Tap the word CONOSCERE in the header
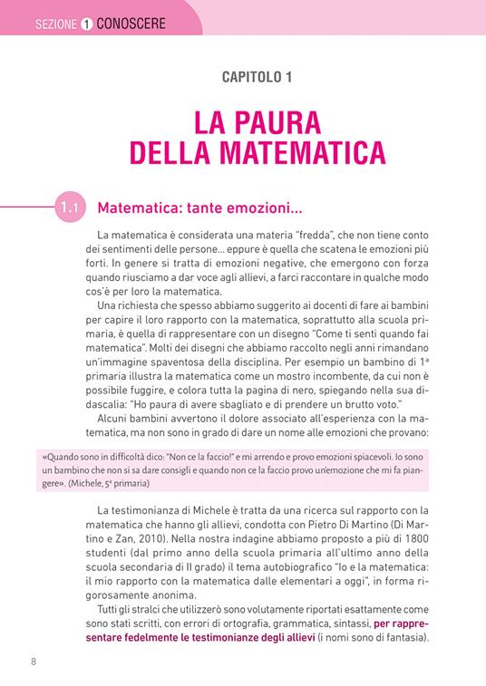[x=129, y=24]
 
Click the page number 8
[x=34, y=661]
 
